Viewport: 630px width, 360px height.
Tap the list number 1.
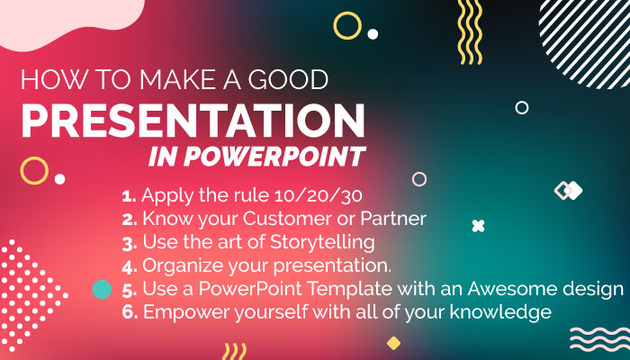(x=127, y=194)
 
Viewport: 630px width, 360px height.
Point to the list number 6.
(x=128, y=313)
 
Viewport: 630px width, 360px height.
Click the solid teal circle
(x=103, y=290)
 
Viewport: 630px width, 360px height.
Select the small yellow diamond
(x=393, y=343)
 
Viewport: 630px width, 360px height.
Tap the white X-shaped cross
(x=479, y=226)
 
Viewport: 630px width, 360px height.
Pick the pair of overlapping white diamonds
(x=568, y=190)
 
